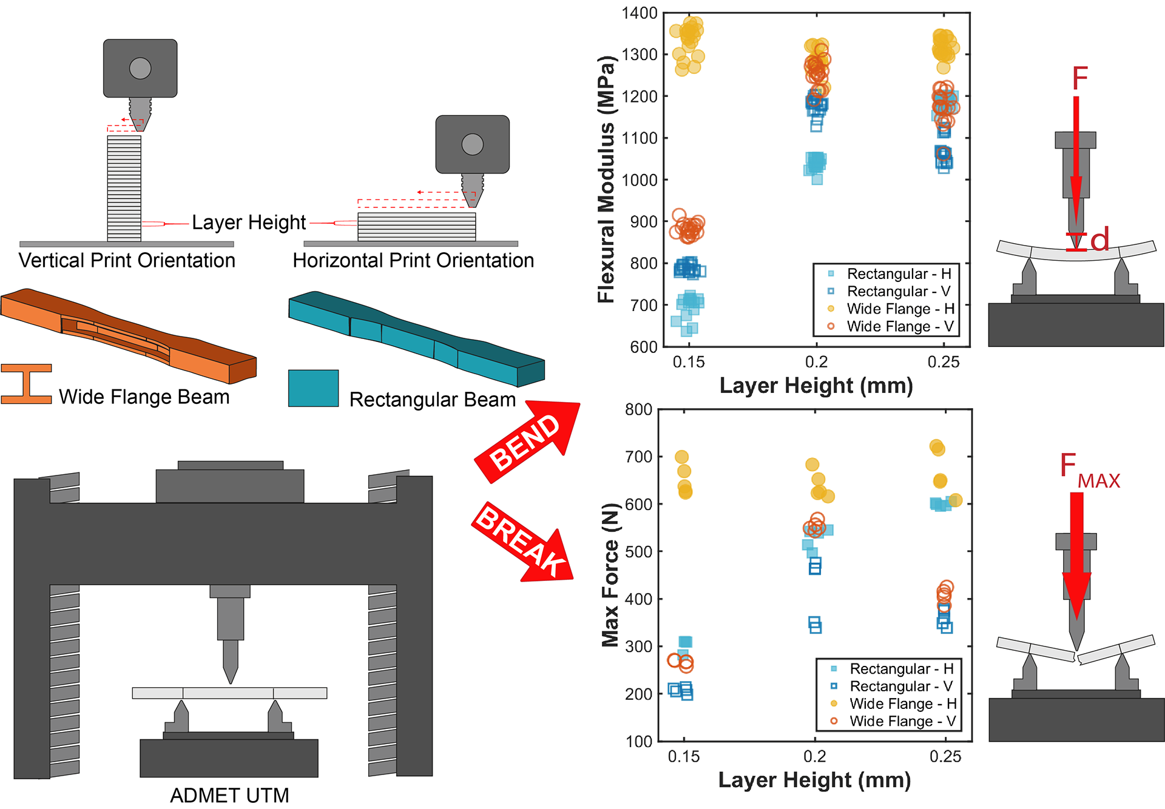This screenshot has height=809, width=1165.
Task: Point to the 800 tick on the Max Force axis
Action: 638,410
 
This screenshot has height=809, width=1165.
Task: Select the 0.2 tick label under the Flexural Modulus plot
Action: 816,362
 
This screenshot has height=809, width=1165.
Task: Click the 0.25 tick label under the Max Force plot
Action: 945,756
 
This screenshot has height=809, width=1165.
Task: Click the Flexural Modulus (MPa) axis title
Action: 606,179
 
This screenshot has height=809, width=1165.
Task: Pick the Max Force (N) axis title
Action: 610,575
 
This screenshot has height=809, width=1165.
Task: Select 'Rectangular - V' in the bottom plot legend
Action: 901,686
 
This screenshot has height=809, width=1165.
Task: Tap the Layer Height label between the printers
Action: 249,223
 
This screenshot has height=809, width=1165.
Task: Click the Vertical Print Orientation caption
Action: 127,261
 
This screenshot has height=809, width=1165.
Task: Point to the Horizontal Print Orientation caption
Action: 413,261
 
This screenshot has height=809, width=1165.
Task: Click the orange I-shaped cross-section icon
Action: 26,384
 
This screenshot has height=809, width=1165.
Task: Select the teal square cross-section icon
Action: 313,388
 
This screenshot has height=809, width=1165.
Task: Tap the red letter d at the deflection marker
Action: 1100,240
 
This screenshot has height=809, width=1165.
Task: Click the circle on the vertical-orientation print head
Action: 140,69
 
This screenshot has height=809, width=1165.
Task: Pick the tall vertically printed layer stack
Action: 124,188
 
